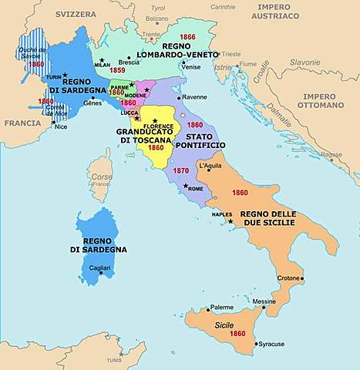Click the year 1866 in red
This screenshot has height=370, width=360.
point(188,36)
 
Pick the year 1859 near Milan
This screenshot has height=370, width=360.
point(117,70)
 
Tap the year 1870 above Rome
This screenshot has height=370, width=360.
point(180,170)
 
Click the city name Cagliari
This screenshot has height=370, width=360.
point(102,267)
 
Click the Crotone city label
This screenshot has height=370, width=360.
point(288,277)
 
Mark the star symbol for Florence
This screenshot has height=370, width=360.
point(156,120)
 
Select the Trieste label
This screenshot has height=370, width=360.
point(231,55)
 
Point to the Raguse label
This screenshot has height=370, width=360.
point(331,154)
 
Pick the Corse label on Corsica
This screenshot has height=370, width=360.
point(102,176)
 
